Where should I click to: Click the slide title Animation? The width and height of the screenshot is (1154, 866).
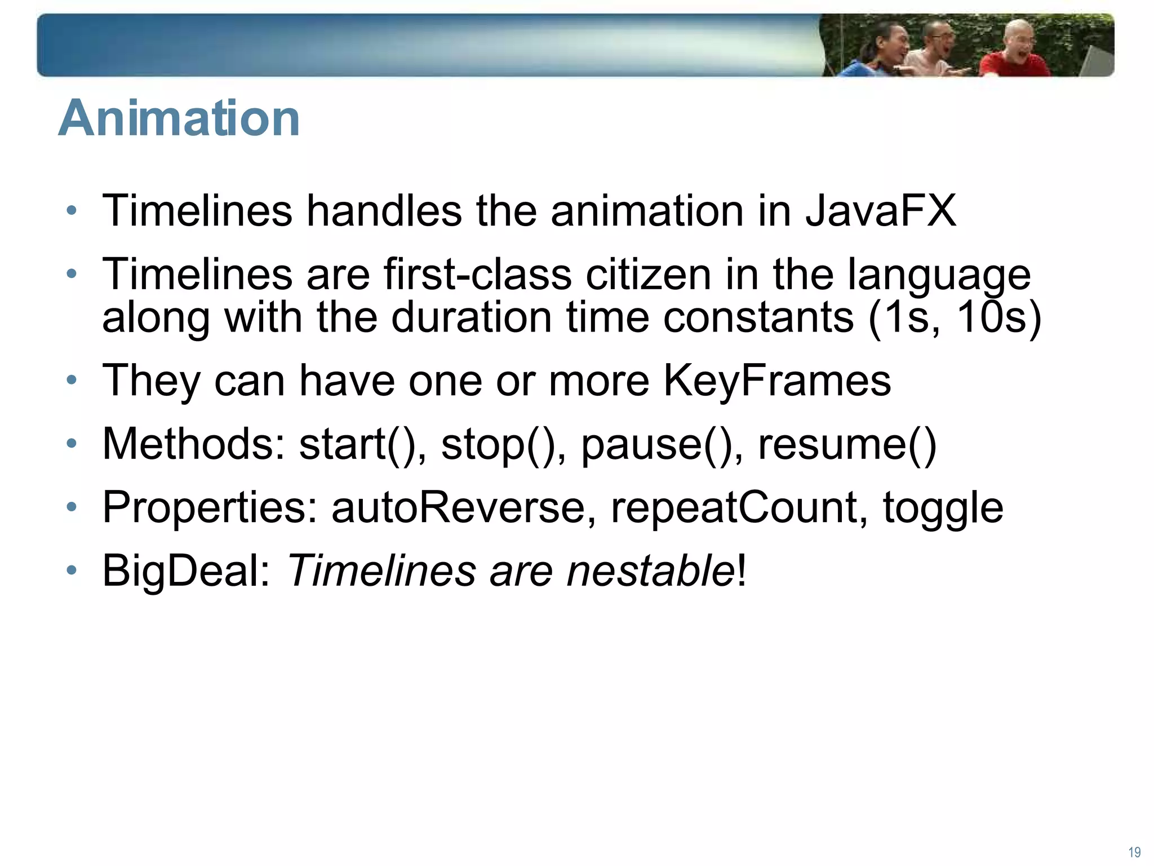pyautogui.click(x=179, y=118)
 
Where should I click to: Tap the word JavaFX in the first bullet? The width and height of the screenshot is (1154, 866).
pyautogui.click(x=880, y=211)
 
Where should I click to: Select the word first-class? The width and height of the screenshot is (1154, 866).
pyautogui.click(x=477, y=275)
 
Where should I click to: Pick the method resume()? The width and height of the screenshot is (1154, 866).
pyautogui.click(x=847, y=444)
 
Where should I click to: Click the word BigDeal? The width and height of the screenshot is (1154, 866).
pyautogui.click(x=187, y=571)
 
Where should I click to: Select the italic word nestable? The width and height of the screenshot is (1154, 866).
pyautogui.click(x=650, y=571)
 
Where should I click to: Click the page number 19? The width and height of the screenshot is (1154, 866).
pyautogui.click(x=1134, y=852)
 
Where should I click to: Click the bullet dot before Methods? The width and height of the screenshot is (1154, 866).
pyautogui.click(x=71, y=444)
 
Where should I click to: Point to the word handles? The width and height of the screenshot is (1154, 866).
pyautogui.click(x=384, y=211)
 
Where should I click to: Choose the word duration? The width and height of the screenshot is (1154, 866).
pyautogui.click(x=471, y=317)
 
